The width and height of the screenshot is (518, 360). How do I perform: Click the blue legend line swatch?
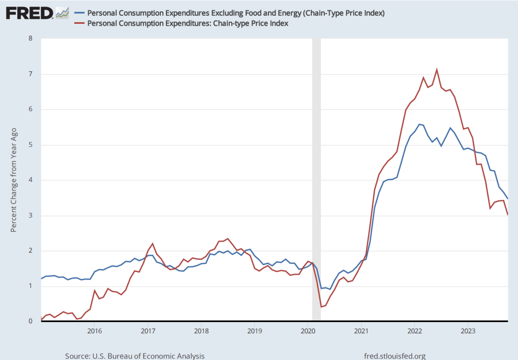click(79, 13)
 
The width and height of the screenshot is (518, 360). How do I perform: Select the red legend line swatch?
click(79, 23)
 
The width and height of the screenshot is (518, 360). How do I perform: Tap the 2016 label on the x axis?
click(95, 331)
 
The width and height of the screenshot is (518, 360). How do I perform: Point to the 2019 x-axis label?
click(254, 331)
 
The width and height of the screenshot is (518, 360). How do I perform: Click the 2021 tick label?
click(361, 331)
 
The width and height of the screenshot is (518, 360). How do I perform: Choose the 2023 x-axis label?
click(467, 331)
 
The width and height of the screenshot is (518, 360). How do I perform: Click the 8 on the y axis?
click(30, 38)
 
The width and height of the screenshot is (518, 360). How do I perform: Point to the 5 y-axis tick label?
click(30, 145)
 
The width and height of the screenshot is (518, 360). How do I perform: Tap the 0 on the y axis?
click(30, 321)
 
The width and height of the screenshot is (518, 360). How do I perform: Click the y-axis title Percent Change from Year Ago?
click(14, 180)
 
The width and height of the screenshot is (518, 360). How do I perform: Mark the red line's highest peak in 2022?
click(437, 70)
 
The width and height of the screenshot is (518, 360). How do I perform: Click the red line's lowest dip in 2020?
click(321, 307)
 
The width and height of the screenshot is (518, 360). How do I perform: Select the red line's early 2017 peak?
click(152, 244)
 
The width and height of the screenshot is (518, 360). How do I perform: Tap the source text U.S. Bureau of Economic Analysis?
click(135, 356)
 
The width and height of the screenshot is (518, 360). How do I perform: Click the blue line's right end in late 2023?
click(507, 198)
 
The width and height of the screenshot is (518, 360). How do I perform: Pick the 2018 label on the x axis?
click(201, 331)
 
